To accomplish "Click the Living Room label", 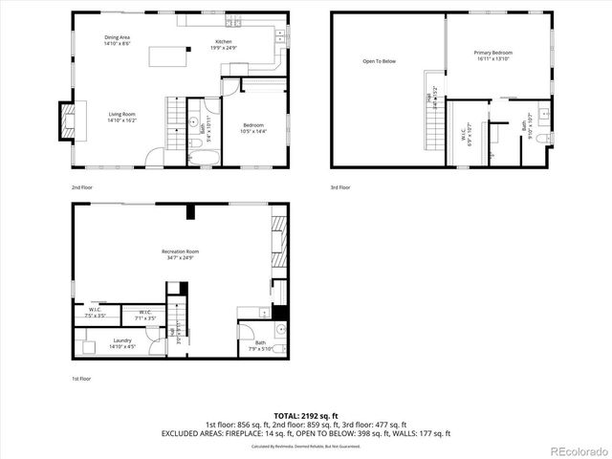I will pyautogui.click(x=121, y=118).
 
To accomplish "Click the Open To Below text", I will pyautogui.click(x=379, y=61).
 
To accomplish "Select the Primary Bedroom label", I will pyautogui.click(x=494, y=55).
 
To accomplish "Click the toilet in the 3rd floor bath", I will pyautogui.click(x=545, y=140).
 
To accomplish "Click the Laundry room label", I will pyautogui.click(x=122, y=342).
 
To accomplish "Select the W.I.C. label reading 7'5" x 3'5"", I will pyautogui.click(x=96, y=312).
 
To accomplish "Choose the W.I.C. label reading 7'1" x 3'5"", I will pyautogui.click(x=145, y=314).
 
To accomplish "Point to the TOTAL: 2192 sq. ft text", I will pyautogui.click(x=305, y=415).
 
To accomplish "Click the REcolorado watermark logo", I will pyautogui.click(x=577, y=450).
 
